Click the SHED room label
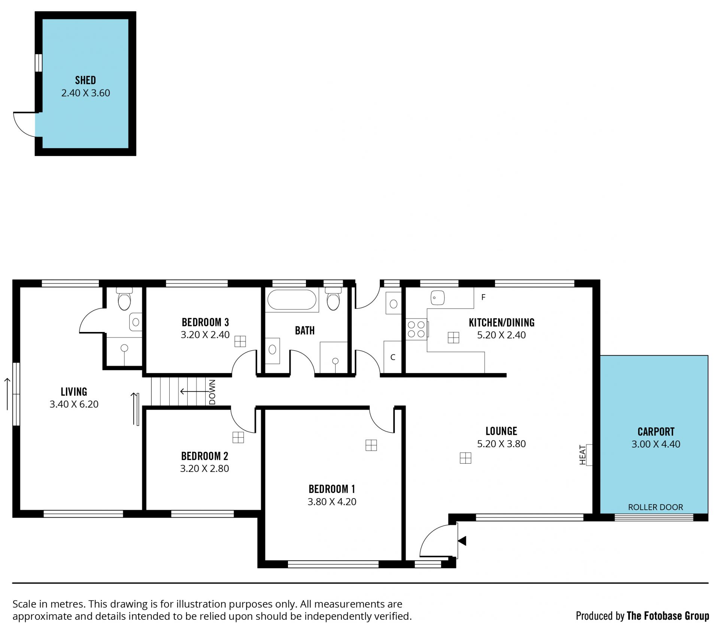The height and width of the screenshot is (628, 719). point(85,80)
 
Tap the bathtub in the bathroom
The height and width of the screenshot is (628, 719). point(291,299)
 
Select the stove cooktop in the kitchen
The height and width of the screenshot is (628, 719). point(416,329)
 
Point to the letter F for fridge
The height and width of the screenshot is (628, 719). point(483,297)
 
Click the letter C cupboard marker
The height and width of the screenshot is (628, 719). point(393,357)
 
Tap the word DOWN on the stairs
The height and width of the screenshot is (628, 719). point(212,392)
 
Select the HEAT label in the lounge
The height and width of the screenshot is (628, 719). point(582,455)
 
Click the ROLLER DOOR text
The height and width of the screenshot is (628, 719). point(655,507)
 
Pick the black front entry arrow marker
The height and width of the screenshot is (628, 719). point(462,541)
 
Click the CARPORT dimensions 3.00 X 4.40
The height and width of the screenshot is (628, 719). point(656,444)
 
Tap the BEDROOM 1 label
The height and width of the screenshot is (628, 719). point(332,489)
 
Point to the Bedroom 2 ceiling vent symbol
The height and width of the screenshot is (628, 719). point(238,437)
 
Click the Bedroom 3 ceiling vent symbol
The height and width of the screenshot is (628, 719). point(240,341)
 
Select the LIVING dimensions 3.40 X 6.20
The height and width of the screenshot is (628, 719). point(74,404)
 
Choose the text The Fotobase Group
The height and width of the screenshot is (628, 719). point(668,616)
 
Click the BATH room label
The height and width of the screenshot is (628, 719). point(305,330)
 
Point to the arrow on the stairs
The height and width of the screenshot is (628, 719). point(194,391)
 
